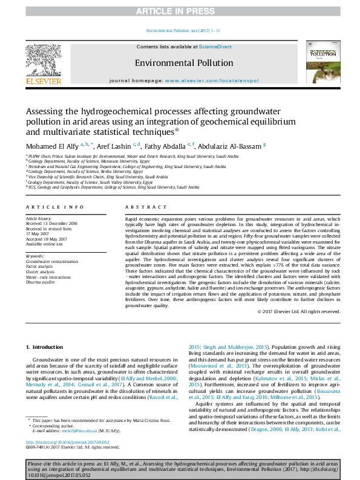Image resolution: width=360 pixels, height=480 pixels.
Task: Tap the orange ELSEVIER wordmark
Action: click(42, 81)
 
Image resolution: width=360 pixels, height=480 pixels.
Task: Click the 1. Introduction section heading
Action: click(46, 346)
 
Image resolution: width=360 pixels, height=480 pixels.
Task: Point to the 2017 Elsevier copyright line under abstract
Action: click(298, 311)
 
